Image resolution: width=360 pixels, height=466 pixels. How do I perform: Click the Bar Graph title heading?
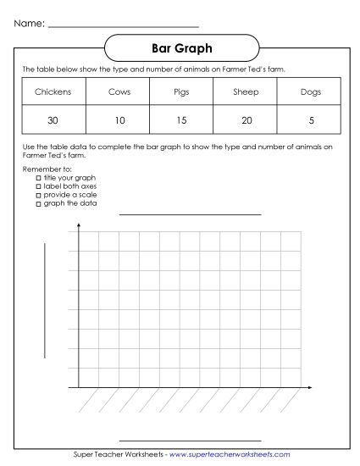tap(180, 48)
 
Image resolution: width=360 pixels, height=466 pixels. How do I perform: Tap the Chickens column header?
tap(53, 92)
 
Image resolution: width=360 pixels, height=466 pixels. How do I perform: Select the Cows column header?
tap(119, 92)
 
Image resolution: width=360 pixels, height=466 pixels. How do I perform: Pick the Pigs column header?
tap(181, 92)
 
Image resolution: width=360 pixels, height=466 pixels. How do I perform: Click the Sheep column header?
tap(246, 92)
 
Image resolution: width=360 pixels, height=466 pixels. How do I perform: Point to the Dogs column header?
tap(311, 92)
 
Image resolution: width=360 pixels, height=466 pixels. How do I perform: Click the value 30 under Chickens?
tap(53, 120)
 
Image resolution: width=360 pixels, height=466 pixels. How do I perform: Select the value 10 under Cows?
tap(119, 120)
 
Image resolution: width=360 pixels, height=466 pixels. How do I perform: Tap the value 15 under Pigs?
tap(181, 120)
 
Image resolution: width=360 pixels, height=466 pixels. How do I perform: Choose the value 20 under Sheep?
tap(246, 120)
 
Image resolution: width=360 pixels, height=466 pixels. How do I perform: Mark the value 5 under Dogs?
tap(311, 120)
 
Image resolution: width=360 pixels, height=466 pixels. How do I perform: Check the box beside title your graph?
tap(38, 179)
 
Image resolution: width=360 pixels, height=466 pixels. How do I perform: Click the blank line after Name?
tap(123, 25)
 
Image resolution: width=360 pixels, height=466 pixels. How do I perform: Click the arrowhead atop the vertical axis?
tap(79, 226)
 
